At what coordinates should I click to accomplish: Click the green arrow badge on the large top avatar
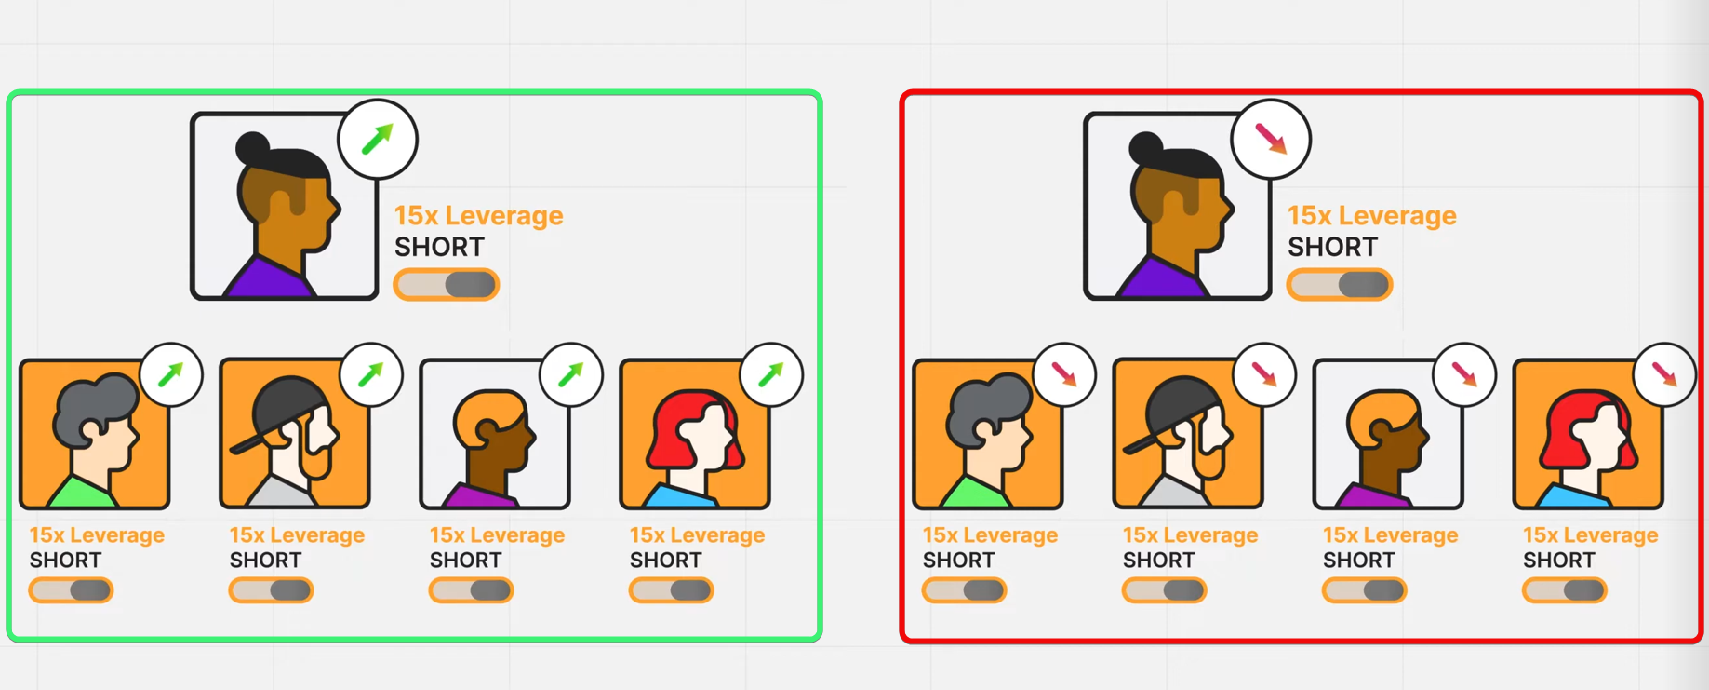click(x=378, y=140)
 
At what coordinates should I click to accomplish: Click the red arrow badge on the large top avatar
click(x=1271, y=140)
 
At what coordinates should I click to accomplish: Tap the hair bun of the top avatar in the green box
click(x=254, y=147)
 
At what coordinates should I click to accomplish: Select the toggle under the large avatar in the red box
click(x=1340, y=285)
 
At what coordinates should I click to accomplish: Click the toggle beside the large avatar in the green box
click(x=447, y=285)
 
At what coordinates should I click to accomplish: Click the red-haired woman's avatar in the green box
click(x=695, y=434)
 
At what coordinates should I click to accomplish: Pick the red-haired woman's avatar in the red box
click(x=1588, y=434)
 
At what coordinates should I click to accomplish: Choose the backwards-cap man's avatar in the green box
click(x=295, y=434)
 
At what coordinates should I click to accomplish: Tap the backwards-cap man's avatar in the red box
click(x=1188, y=434)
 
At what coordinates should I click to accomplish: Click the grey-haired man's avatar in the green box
click(x=95, y=434)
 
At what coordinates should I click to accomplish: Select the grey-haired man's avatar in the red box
click(x=988, y=434)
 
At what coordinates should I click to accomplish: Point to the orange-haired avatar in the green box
click(x=495, y=434)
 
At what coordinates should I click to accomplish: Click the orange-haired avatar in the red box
click(x=1388, y=434)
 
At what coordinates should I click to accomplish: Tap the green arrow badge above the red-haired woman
click(x=771, y=375)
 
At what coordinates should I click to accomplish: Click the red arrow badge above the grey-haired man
click(x=1064, y=375)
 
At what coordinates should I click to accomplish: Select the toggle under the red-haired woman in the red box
click(x=1565, y=590)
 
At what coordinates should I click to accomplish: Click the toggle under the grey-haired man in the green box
click(x=71, y=590)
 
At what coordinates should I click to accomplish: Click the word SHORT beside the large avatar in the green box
click(x=439, y=248)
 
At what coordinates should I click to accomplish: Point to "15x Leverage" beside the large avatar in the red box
click(x=1371, y=215)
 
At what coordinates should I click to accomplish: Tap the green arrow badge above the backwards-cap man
click(x=371, y=375)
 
